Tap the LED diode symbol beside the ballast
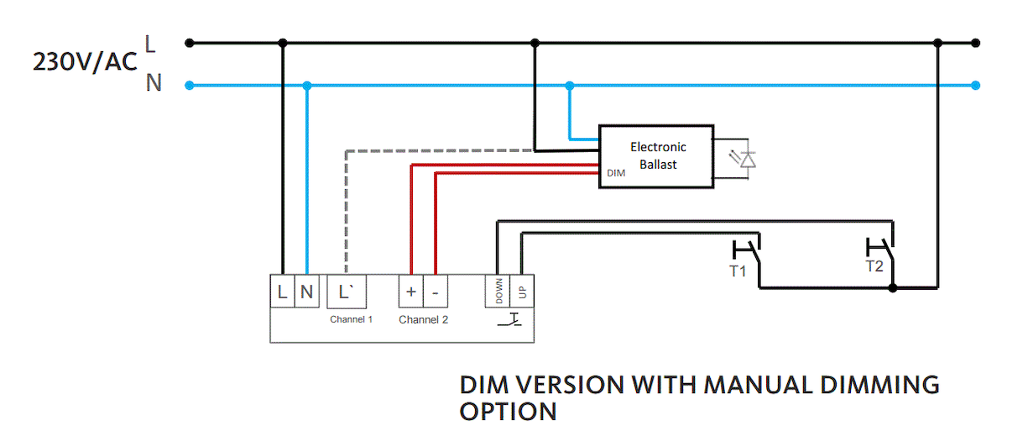coord(745,158)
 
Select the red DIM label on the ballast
coord(615,172)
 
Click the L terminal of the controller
coord(282,292)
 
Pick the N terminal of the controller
coord(306,292)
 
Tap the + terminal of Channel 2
coord(411,292)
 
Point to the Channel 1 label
coord(351,319)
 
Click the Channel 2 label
coord(423,319)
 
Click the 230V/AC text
coord(84,62)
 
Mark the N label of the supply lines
coord(154,83)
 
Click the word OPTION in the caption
coord(508,412)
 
